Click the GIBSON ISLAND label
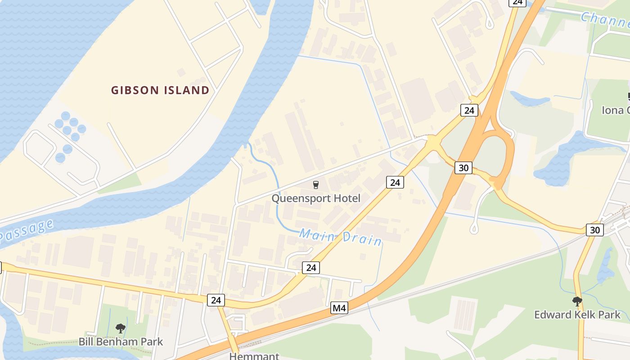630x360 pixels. coord(160,90)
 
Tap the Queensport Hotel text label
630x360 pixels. coord(316,198)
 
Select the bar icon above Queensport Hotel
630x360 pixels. coord(315,185)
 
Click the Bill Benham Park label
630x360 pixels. coord(121,342)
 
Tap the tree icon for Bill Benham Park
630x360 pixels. coord(120,328)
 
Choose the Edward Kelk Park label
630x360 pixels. coord(577,315)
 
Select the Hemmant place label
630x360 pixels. coord(254,356)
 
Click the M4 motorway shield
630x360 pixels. coord(339,308)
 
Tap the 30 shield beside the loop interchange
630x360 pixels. coord(463,168)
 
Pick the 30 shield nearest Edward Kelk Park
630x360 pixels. coord(595,230)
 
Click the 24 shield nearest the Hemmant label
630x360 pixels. coord(216,300)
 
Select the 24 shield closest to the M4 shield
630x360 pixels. coord(310,268)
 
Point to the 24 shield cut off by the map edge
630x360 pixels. coord(517,2)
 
